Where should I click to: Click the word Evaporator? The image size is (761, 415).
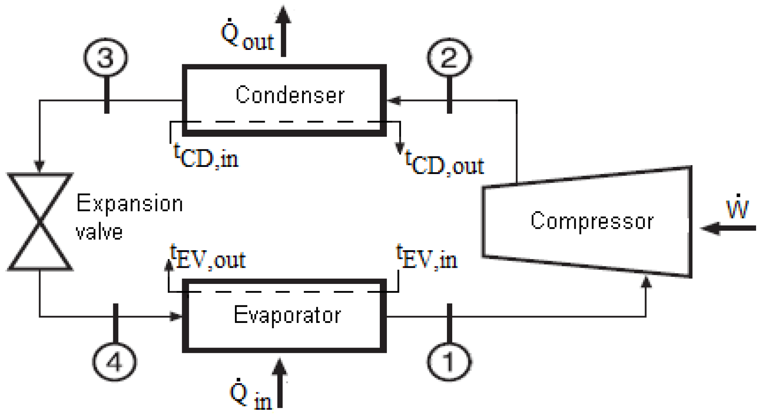point(287,315)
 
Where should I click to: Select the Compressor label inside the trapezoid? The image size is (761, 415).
point(592,221)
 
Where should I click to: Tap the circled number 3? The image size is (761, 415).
point(105,57)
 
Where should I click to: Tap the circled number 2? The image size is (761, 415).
point(449,57)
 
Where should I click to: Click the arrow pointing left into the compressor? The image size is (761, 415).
point(728,228)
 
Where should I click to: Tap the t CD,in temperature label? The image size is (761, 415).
point(206,156)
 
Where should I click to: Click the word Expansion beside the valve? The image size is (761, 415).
point(129,204)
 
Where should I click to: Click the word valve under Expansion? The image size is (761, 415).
point(99,232)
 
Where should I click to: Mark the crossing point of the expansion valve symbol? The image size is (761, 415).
point(40,221)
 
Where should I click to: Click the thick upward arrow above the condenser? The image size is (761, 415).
point(283,32)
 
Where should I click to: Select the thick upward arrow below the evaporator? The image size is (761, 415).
point(280,383)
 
